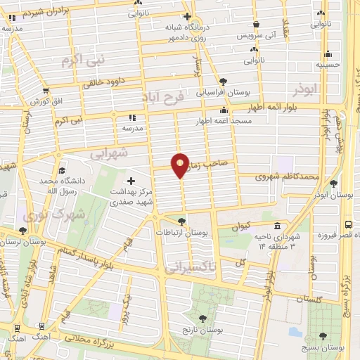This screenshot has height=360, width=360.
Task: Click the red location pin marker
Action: coord(181,165)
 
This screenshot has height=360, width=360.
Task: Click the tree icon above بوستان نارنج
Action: coord(223,318)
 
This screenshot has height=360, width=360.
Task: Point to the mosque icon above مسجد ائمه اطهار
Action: coord(224,110)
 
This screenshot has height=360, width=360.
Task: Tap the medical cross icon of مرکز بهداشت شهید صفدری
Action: coord(131,181)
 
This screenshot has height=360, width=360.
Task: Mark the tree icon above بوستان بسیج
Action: coord(323,336)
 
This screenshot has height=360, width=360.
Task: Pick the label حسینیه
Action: coord(328,64)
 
